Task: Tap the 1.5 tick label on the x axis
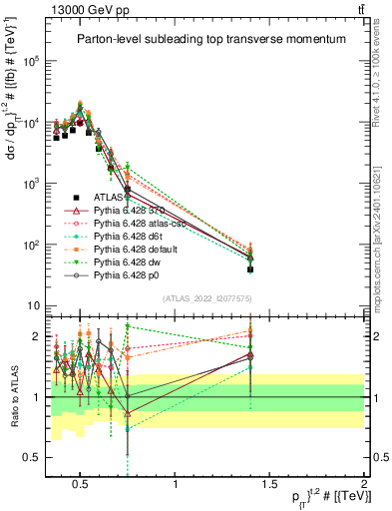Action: tap(269, 485)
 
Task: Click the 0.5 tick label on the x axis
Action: tap(82, 485)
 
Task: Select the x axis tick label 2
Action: tap(362, 485)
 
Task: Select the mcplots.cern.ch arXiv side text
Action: tap(384, 215)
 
